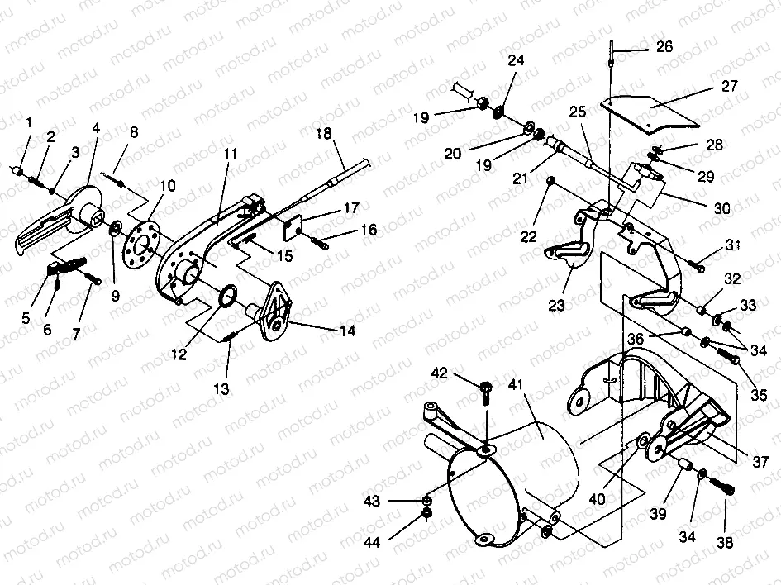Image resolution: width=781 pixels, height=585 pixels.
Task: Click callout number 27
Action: pos(729,85)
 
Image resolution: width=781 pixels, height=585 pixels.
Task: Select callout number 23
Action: pos(556,304)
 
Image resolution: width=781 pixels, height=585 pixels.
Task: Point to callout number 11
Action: pos(230,154)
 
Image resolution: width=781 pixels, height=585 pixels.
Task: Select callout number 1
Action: pos(29,122)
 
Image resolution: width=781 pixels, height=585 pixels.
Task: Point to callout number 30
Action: pos(721,210)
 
